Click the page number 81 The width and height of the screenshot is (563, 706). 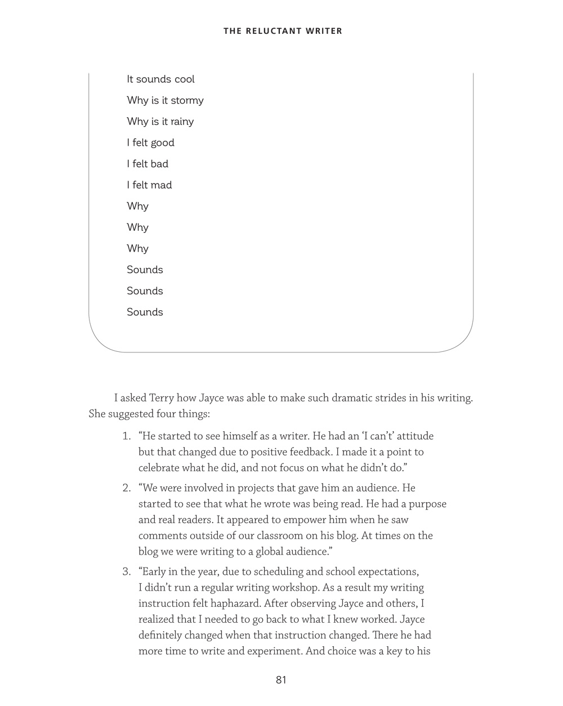(x=281, y=680)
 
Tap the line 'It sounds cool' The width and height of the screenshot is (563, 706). (x=160, y=79)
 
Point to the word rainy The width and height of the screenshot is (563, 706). (x=182, y=122)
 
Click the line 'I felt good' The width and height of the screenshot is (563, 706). (x=150, y=143)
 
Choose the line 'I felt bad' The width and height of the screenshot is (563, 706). (x=148, y=164)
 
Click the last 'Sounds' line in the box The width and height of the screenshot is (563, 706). (x=145, y=312)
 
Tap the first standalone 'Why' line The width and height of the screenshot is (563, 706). (x=137, y=206)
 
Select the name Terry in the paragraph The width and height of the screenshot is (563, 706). (x=161, y=398)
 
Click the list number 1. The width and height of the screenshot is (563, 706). (x=126, y=436)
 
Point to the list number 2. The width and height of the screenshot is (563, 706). (x=126, y=488)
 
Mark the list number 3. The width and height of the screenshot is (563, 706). (x=126, y=572)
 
